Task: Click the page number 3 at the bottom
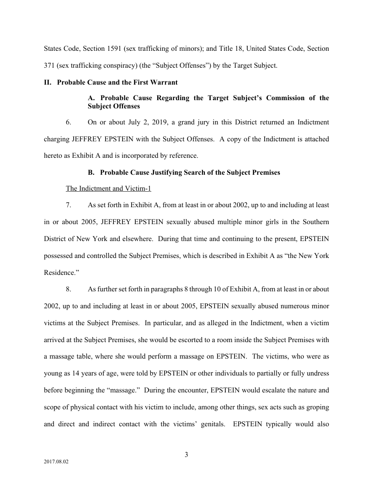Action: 186,455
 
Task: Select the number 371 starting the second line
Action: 49,65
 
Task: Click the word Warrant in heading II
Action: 164,83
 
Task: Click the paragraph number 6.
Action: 69,122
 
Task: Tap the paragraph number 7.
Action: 69,205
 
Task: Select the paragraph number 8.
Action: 69,289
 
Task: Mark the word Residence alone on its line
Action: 60,272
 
